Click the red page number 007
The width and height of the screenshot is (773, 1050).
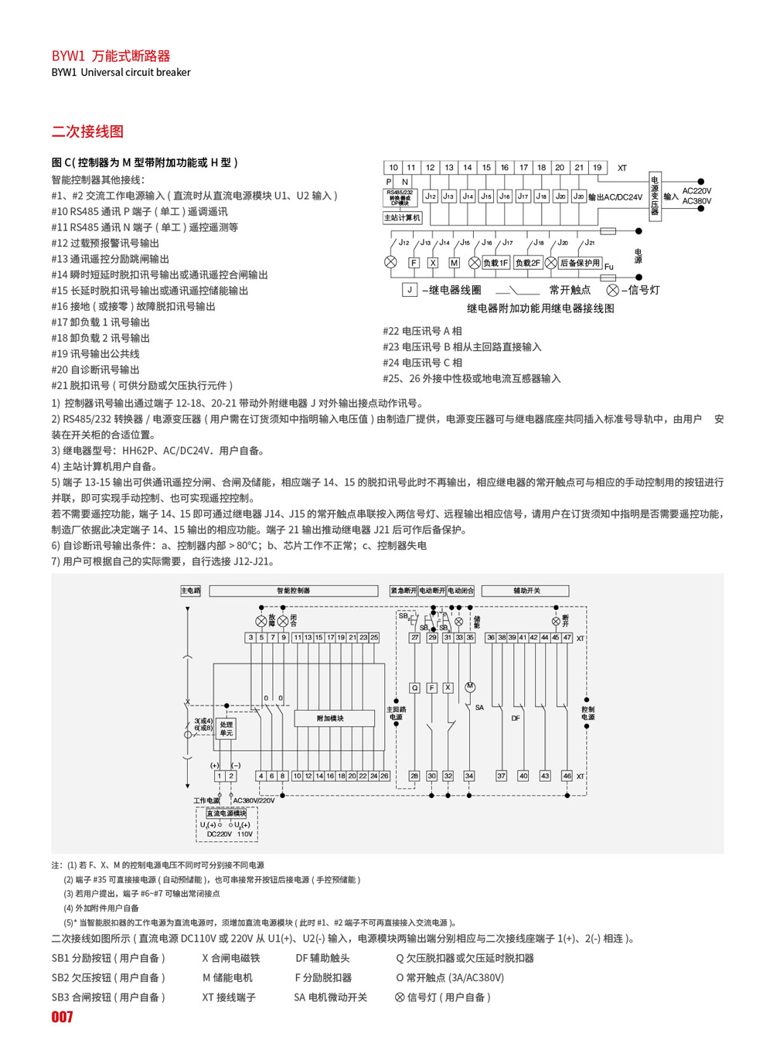62,1017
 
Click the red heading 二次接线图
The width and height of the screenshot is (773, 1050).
87,131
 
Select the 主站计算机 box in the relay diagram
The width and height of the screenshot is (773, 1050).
402,218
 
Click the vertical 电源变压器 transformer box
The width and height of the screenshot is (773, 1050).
655,196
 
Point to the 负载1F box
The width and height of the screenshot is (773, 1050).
495,263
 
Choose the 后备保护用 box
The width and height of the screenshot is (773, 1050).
580,263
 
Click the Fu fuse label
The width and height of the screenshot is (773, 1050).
608,267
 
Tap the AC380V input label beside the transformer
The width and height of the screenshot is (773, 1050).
696,202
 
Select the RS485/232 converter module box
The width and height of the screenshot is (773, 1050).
400,197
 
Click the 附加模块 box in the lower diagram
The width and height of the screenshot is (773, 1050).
330,719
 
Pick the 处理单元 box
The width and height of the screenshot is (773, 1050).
226,728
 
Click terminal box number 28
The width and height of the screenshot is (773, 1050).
414,776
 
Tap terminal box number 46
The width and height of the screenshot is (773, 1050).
567,776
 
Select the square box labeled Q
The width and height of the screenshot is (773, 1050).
414,687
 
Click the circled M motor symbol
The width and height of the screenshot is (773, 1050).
469,687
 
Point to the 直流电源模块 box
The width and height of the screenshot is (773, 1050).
226,813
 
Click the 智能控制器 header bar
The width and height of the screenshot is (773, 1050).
294,591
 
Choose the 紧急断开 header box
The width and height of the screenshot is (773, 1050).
403,591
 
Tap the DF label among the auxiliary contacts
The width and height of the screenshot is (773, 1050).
516,718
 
